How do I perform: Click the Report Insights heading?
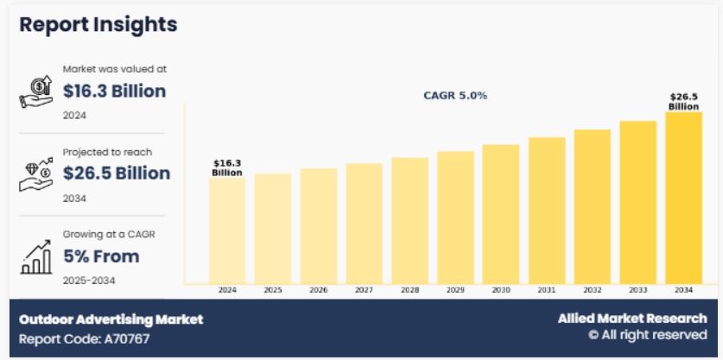(x=98, y=24)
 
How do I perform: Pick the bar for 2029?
(x=455, y=217)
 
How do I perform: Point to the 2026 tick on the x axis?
(x=319, y=291)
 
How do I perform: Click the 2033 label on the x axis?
(x=638, y=291)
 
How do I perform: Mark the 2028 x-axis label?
(x=409, y=291)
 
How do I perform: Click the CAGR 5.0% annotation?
(x=454, y=96)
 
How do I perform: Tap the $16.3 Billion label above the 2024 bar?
(x=227, y=167)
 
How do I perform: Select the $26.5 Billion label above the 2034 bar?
(x=683, y=102)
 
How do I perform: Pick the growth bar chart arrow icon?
(x=35, y=256)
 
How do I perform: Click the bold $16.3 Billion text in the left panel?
(x=114, y=92)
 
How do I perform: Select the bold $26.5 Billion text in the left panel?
(x=117, y=174)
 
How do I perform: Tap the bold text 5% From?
(x=101, y=256)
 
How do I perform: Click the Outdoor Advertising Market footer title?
(x=111, y=319)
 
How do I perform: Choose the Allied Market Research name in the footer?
(x=631, y=319)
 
